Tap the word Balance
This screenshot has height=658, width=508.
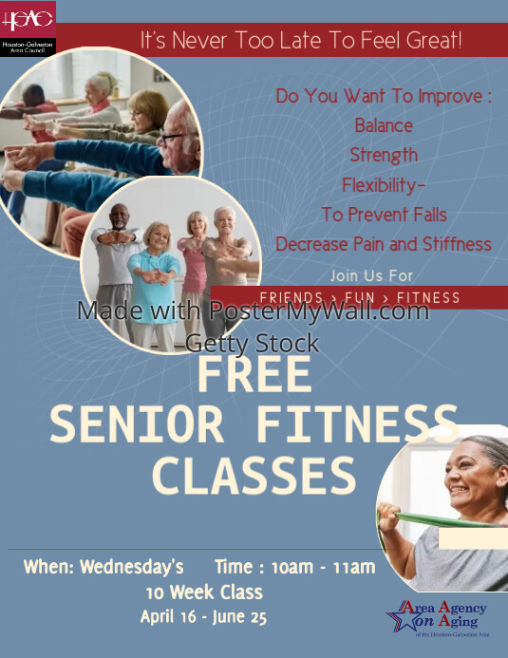(384, 125)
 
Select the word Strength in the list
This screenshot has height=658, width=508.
(384, 155)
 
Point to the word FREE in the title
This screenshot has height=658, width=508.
(254, 375)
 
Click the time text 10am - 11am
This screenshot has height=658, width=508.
(323, 568)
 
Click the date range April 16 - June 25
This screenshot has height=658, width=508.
(203, 617)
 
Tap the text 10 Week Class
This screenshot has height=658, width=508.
(203, 592)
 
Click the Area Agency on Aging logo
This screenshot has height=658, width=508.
(439, 618)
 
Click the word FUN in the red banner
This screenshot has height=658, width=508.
(356, 298)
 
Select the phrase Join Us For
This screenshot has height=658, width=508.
(372, 275)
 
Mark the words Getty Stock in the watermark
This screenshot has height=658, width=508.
(253, 343)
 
